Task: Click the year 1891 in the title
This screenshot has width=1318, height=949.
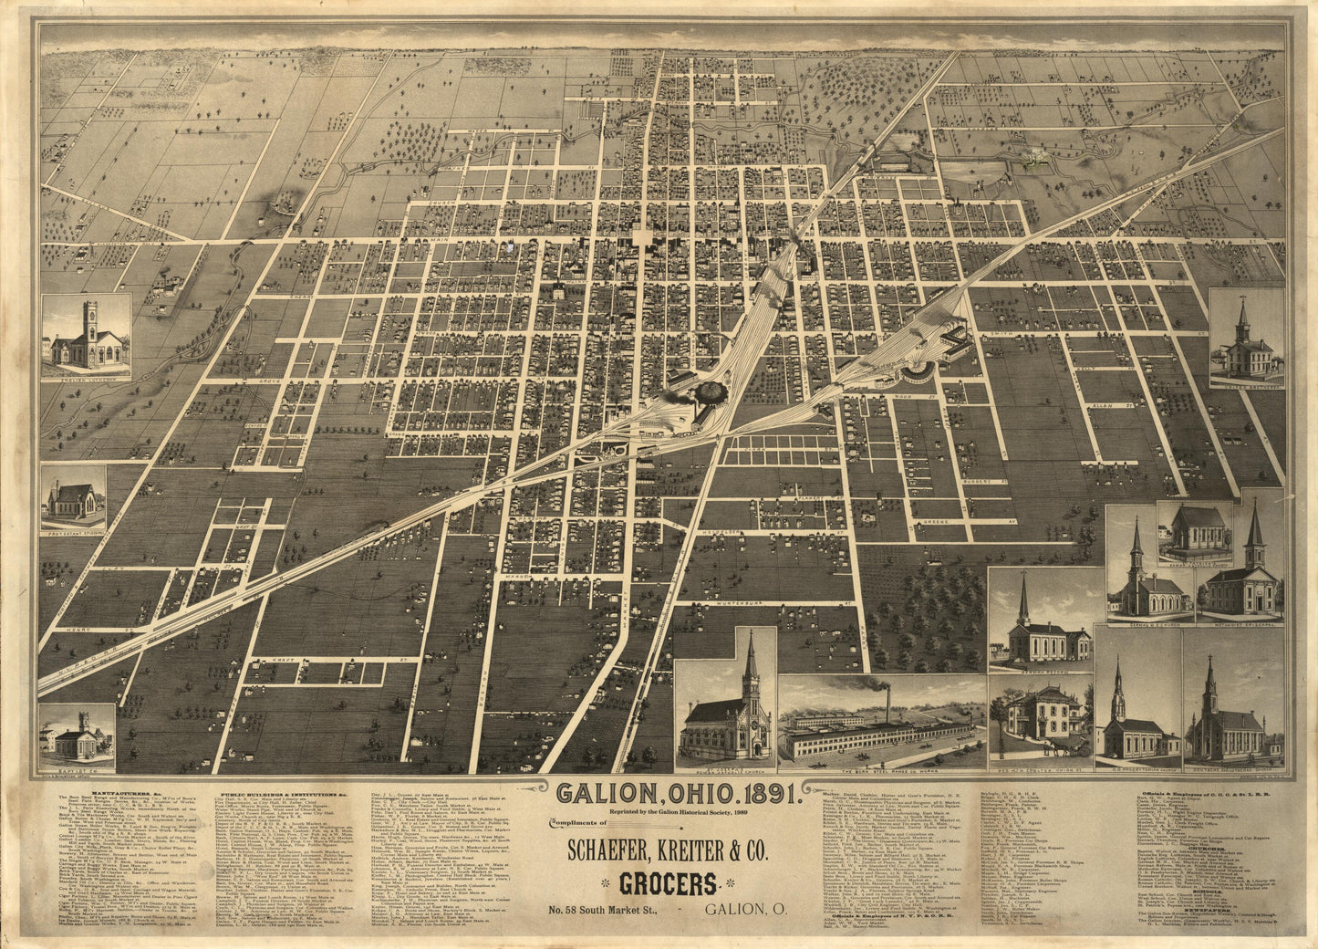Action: pyautogui.click(x=767, y=792)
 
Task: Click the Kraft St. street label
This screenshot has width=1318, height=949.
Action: pyautogui.click(x=268, y=659)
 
